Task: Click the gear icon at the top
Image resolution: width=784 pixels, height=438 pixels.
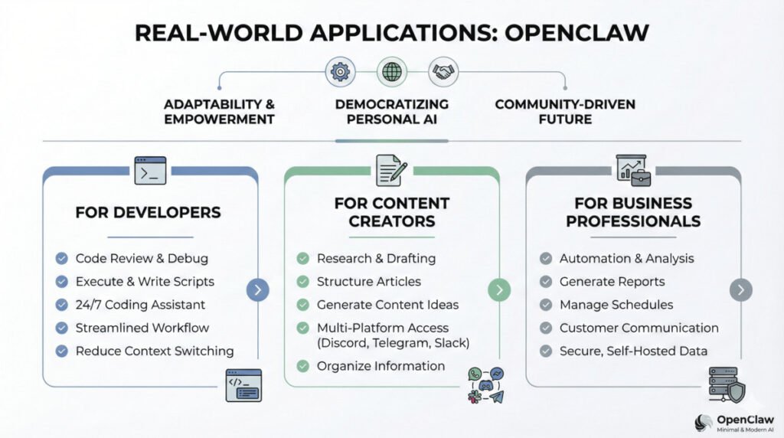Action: [338, 72]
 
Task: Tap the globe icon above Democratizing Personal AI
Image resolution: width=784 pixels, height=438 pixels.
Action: [391, 72]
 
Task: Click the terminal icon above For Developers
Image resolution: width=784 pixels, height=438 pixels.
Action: [150, 170]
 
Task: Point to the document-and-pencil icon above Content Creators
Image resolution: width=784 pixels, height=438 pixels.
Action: [391, 170]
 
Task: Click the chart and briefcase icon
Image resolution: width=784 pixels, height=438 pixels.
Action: [632, 169]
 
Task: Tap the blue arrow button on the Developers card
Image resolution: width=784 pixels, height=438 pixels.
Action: [257, 289]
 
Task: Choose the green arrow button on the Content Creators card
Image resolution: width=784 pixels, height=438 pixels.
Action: [499, 289]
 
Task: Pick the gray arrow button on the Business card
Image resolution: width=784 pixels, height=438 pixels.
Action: [740, 289]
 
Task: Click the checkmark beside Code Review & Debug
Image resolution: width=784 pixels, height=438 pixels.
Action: [62, 259]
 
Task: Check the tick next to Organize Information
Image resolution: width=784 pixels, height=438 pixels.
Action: [303, 366]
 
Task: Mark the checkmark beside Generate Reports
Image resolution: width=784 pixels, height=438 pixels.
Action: [546, 282]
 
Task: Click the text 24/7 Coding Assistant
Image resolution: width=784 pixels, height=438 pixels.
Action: [140, 305]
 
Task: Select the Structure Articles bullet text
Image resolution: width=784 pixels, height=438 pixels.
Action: [369, 282]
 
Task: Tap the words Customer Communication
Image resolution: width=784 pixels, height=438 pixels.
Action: [639, 328]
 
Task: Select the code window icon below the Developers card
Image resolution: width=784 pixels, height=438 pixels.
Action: [243, 384]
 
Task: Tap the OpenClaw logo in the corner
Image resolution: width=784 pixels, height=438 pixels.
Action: [704, 423]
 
